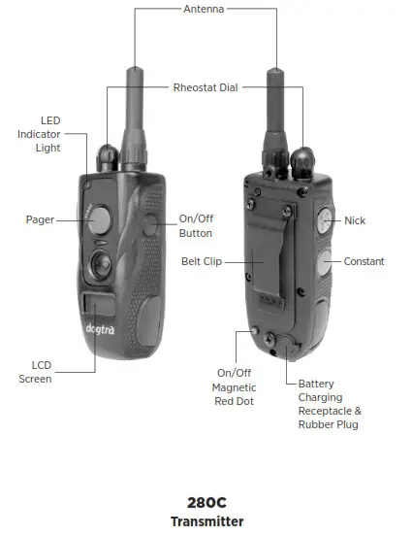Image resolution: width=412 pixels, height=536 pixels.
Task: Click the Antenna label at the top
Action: [205, 9]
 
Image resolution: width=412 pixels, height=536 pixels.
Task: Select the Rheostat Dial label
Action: [206, 86]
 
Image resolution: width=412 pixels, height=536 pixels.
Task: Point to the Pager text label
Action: [40, 219]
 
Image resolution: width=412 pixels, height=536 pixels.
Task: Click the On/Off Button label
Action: [196, 226]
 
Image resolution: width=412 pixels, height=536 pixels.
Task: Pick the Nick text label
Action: [355, 221]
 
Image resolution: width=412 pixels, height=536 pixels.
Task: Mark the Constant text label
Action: [364, 261]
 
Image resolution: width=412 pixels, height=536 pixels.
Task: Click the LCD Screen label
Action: [35, 372]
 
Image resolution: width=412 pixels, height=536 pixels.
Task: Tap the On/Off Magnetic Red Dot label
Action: [235, 386]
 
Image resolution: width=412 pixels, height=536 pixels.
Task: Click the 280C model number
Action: [206, 502]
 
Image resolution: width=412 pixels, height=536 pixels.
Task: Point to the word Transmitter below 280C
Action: [206, 521]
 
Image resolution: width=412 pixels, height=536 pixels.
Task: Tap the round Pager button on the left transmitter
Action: [98, 220]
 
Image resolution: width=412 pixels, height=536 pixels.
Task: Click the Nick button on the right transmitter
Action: [324, 219]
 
